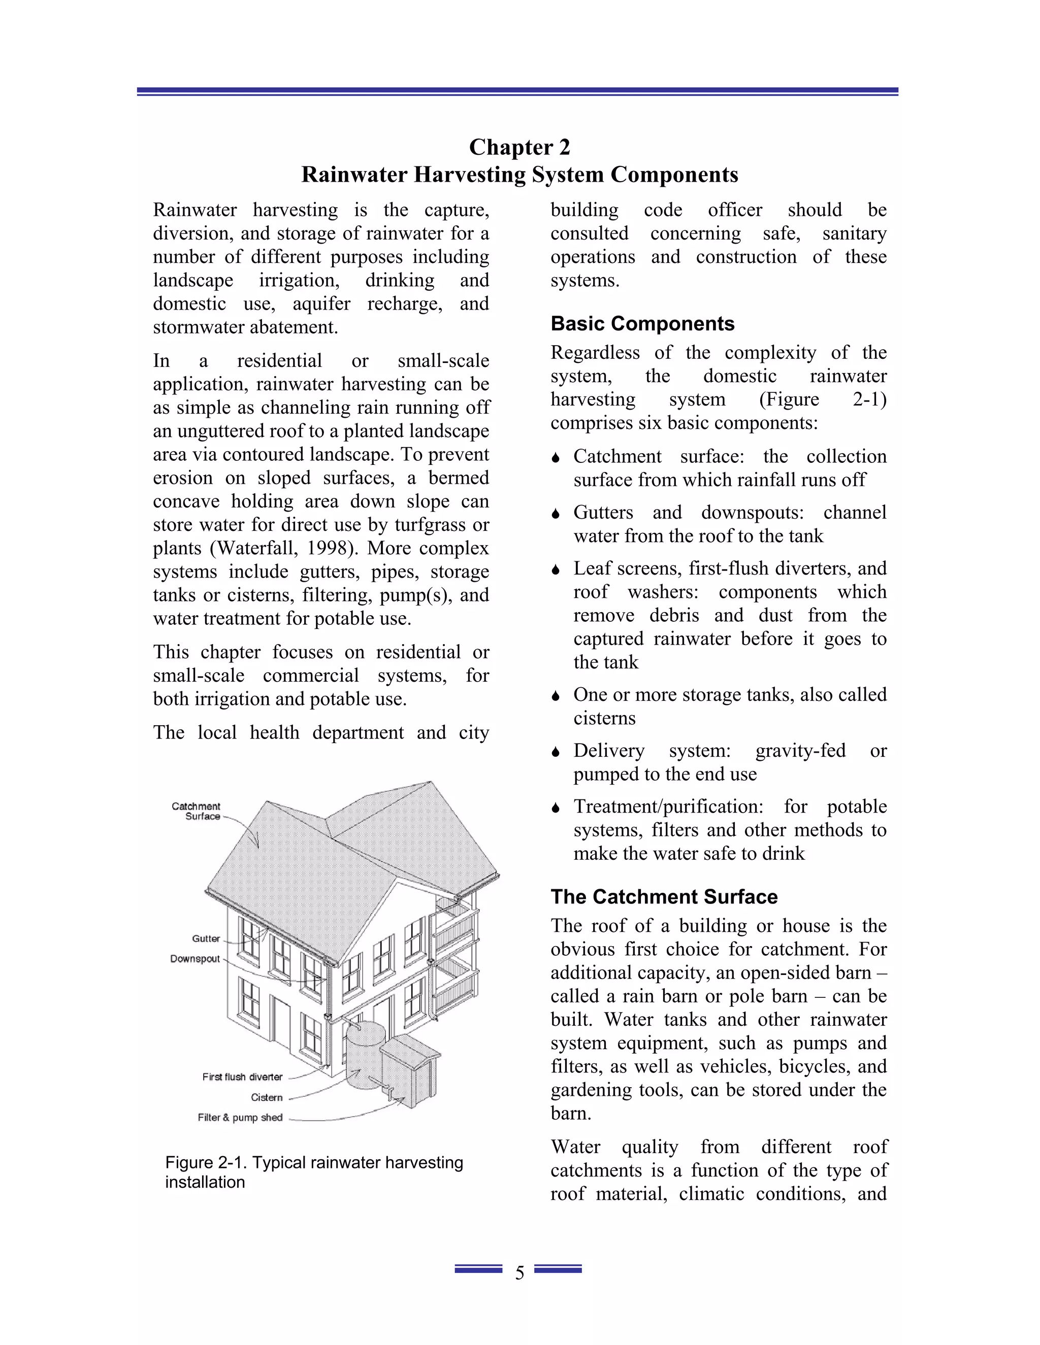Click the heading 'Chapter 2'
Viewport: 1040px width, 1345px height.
point(519,147)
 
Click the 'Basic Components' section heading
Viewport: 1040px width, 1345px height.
point(642,323)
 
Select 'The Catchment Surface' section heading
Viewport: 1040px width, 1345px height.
point(664,897)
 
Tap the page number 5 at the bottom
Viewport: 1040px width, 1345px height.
point(519,1273)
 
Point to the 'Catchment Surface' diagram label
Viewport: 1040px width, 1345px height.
point(196,811)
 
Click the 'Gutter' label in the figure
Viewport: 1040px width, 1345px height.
point(206,938)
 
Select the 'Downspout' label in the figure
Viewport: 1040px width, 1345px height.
point(194,959)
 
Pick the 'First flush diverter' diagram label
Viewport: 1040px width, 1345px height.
point(242,1077)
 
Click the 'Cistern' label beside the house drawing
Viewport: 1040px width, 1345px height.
point(266,1097)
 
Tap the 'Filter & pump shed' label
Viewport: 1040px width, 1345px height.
point(240,1118)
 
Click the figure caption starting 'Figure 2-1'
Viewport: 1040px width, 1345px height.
point(314,1172)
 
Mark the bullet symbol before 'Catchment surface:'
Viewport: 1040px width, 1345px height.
point(556,458)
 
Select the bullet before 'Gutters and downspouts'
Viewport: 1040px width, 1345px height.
point(556,514)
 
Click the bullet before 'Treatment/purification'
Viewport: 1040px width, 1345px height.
point(556,808)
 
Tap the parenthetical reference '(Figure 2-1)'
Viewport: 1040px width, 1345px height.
point(823,399)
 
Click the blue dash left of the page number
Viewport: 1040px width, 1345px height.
point(478,1269)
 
